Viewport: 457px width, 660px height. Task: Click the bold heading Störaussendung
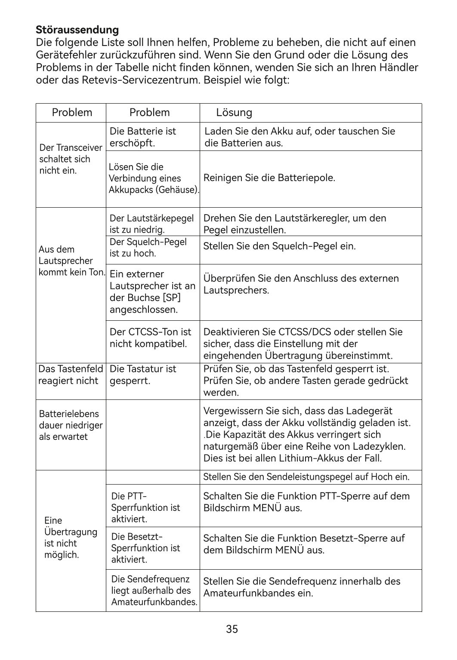click(77, 30)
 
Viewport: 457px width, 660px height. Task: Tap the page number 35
click(232, 629)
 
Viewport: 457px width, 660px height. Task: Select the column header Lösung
click(234, 113)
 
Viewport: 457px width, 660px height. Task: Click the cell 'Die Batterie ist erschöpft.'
click(143, 137)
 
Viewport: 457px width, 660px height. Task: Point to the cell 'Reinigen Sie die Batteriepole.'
click(269, 178)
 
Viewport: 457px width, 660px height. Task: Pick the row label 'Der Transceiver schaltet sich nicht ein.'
click(71, 159)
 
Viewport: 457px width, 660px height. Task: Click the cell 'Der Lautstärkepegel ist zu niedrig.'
click(151, 224)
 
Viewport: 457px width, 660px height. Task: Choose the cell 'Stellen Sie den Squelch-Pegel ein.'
click(279, 246)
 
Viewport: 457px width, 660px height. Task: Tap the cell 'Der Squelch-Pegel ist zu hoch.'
click(148, 247)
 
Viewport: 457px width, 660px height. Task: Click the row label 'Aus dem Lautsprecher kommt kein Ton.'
click(71, 261)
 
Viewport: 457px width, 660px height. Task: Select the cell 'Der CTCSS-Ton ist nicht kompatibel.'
click(151, 338)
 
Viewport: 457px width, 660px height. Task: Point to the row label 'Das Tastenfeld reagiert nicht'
click(71, 375)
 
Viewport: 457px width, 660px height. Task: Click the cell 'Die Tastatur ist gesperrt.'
click(143, 375)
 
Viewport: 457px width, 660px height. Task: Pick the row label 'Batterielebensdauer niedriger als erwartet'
click(71, 425)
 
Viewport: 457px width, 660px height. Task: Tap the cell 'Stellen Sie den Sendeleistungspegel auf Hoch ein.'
click(306, 477)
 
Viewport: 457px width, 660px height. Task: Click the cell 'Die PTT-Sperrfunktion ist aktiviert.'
click(145, 507)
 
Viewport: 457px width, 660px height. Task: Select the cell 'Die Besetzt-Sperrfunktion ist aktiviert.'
click(145, 548)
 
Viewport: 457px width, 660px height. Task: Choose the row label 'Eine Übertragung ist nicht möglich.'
click(71, 537)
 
